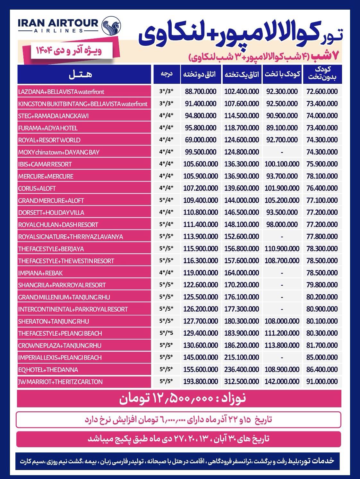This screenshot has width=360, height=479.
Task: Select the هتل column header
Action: tap(80, 74)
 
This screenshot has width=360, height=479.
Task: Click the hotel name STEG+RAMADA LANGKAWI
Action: tap(53, 116)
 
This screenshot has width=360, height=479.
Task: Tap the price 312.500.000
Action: tap(242, 382)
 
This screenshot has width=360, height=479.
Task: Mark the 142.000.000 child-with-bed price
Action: tap(282, 382)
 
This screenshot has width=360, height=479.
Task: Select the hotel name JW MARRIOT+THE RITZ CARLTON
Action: tap(60, 382)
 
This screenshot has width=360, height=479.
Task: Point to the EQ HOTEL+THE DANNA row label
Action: tap(48, 370)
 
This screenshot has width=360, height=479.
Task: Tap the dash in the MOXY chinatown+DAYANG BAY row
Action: tap(282, 152)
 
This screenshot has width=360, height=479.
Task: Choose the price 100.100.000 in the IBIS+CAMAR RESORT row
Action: tap(282, 164)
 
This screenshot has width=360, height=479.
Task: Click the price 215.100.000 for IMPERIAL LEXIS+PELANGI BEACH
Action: tap(242, 357)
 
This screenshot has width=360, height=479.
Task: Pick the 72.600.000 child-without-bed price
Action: tap(322, 92)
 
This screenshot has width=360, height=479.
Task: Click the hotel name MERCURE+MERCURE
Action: tap(46, 176)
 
